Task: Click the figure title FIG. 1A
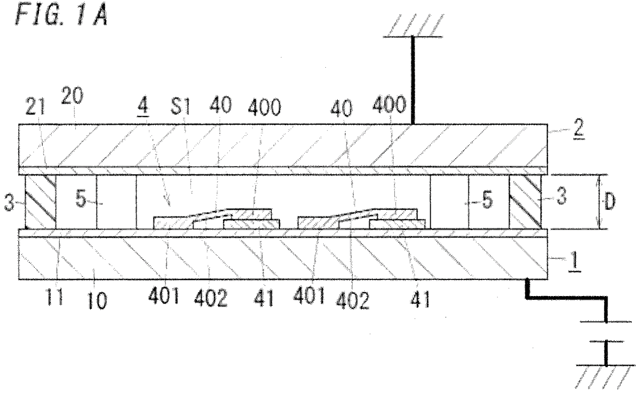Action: (61, 14)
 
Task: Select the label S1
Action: (180, 105)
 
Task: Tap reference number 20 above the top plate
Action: (72, 96)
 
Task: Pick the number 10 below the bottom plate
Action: (97, 300)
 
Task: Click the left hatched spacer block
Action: (40, 202)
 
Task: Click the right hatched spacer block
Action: (525, 202)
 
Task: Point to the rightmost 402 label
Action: (353, 300)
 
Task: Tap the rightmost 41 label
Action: (420, 299)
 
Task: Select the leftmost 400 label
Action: (264, 107)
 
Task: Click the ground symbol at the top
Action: (414, 25)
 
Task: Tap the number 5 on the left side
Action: (81, 199)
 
